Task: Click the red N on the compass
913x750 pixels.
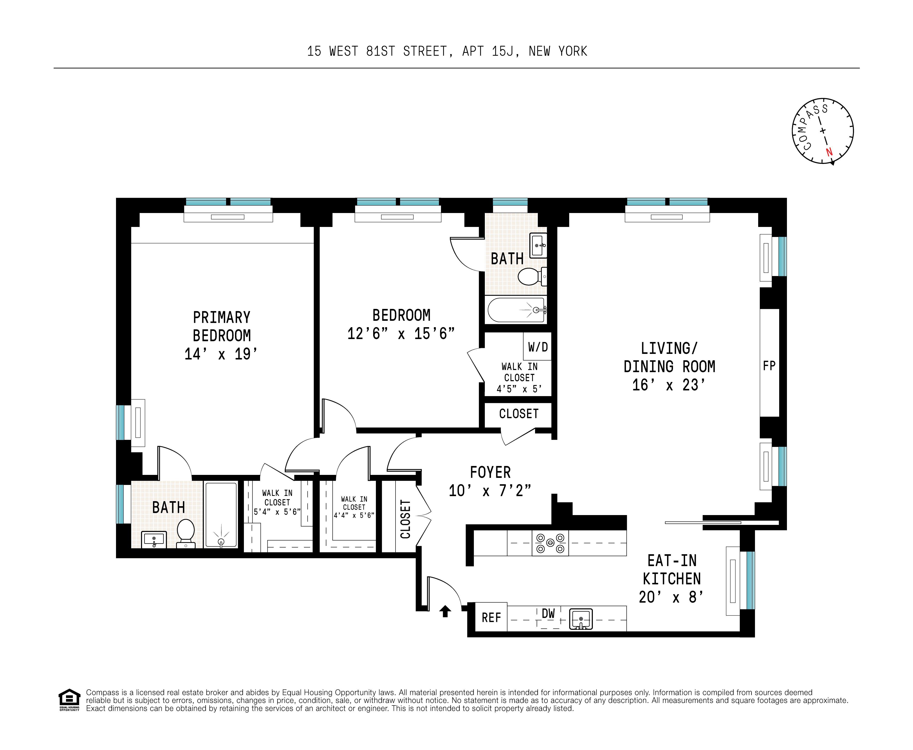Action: [x=829, y=152]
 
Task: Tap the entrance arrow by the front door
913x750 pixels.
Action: [x=445, y=611]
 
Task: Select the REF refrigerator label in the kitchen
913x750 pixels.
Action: [x=491, y=618]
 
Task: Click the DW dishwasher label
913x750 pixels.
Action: [x=548, y=613]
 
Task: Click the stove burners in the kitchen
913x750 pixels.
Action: [x=550, y=543]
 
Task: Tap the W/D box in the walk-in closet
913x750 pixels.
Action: [x=538, y=347]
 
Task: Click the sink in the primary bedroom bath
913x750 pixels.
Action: [x=154, y=539]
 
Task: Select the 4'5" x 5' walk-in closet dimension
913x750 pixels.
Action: [x=519, y=389]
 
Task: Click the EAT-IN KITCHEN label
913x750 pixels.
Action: [x=672, y=569]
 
